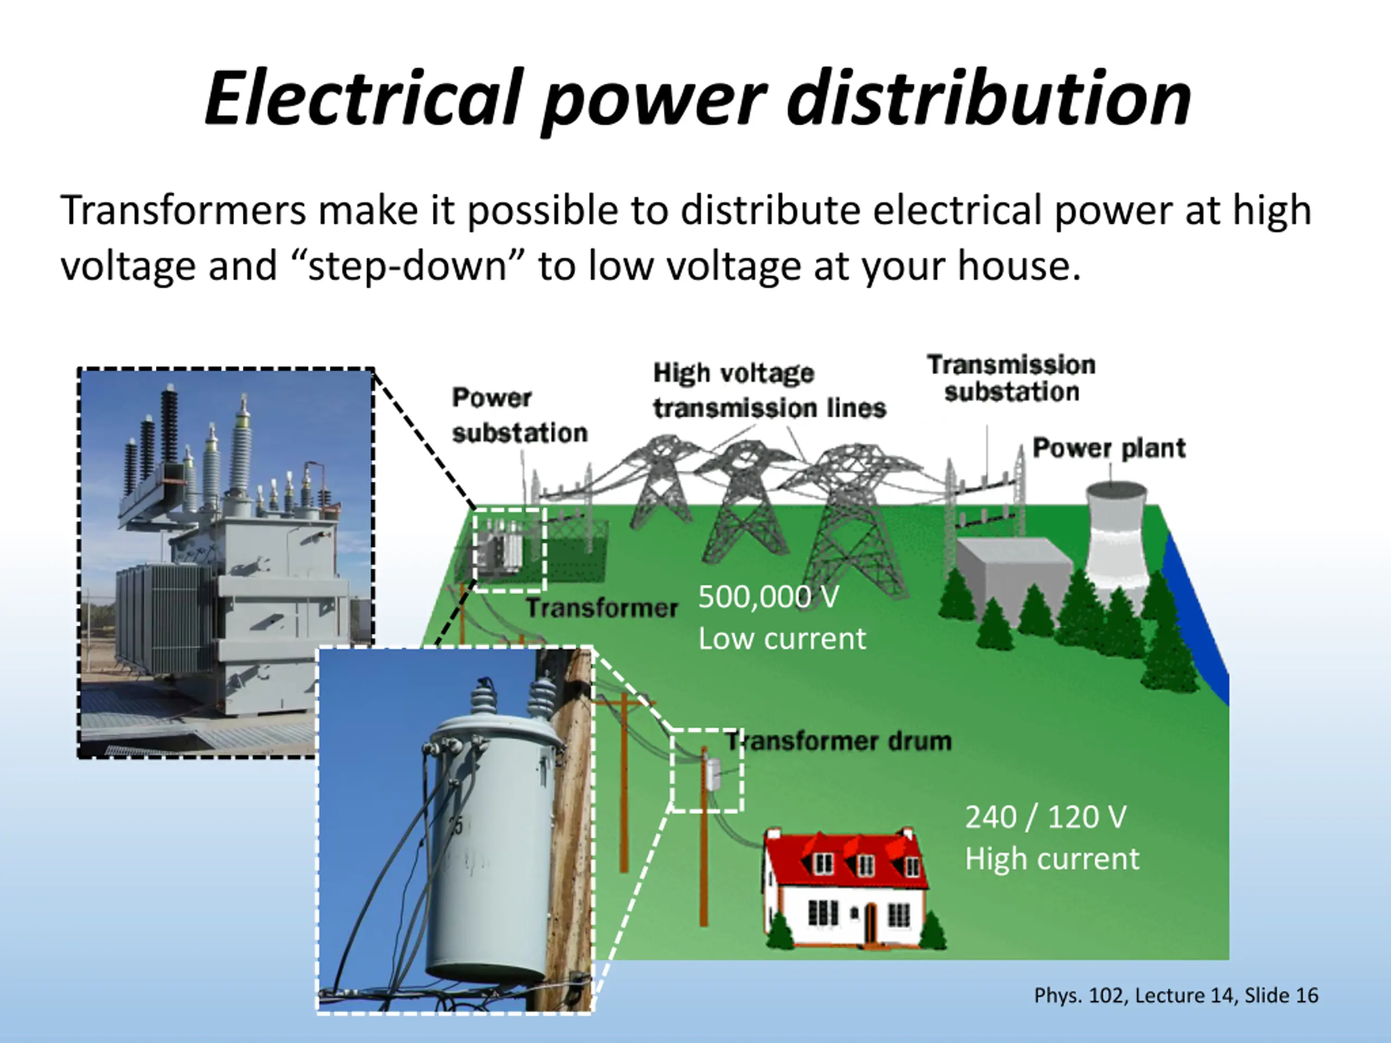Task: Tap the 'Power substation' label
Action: [x=519, y=415]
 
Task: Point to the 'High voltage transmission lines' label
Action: [x=768, y=391]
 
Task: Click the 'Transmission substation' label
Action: [x=1011, y=378]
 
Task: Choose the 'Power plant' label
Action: [x=1108, y=448]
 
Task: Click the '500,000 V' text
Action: [x=768, y=596]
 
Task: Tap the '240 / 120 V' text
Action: [x=1045, y=816]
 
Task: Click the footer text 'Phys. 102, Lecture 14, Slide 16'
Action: [x=1176, y=995]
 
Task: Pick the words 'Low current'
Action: [x=782, y=639]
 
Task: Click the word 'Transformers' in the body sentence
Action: [x=183, y=210]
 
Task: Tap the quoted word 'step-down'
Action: [x=408, y=265]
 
